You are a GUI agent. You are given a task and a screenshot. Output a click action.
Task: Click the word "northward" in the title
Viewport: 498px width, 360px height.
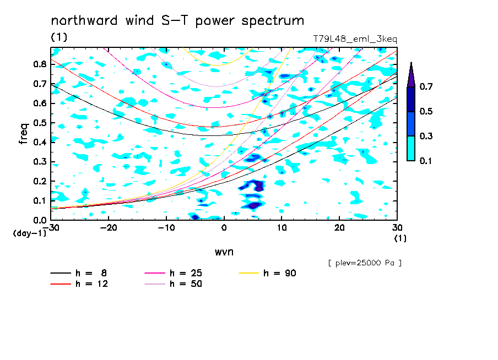(x=84, y=20)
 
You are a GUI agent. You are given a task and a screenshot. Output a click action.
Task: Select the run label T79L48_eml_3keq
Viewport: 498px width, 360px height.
(x=355, y=39)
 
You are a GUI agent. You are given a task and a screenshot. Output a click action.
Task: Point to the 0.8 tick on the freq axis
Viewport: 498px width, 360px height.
(x=40, y=64)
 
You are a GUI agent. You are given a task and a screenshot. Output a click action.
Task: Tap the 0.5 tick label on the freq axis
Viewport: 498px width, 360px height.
(x=40, y=123)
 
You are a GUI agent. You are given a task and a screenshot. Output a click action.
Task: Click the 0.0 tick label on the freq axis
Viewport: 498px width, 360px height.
(x=40, y=220)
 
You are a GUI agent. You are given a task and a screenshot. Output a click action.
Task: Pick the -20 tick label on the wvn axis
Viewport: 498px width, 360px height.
(x=109, y=228)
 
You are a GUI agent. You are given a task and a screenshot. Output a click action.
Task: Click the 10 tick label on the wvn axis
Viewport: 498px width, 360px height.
(x=282, y=228)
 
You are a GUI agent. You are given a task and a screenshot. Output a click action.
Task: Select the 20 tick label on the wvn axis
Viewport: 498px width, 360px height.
(x=339, y=228)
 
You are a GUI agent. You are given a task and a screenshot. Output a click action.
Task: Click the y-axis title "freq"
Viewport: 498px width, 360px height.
(x=24, y=134)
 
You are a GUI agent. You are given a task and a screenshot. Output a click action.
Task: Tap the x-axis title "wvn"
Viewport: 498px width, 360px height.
(x=224, y=252)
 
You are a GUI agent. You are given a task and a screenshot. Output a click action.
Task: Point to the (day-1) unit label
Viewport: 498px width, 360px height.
(x=29, y=233)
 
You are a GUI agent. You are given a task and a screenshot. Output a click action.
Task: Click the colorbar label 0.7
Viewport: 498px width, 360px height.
(x=426, y=86)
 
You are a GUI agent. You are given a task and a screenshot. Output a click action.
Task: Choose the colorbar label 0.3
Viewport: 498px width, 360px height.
(x=426, y=136)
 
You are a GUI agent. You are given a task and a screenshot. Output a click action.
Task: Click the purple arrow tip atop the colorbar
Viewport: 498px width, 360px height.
(x=412, y=63)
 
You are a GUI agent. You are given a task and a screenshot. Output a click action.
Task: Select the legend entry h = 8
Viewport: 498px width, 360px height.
(x=79, y=273)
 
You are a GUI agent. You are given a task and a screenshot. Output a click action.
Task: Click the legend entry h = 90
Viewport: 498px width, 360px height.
(x=267, y=273)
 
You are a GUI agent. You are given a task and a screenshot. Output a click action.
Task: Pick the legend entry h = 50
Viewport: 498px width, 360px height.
(x=174, y=284)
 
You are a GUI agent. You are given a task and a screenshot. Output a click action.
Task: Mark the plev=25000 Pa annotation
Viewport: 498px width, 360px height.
(x=365, y=263)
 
